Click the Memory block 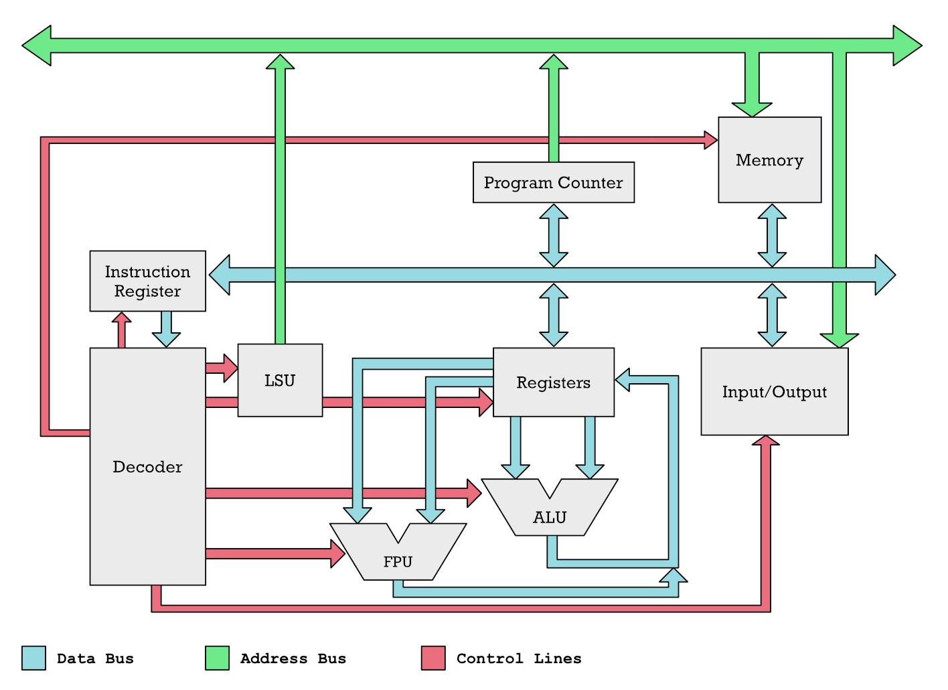pyautogui.click(x=769, y=160)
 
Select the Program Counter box pyautogui.click(x=553, y=182)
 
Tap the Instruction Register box pyautogui.click(x=147, y=281)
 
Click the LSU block pyautogui.click(x=280, y=380)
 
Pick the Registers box pyautogui.click(x=553, y=383)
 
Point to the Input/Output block pyautogui.click(x=774, y=392)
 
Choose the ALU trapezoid pyautogui.click(x=550, y=516)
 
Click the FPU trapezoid pyautogui.click(x=398, y=561)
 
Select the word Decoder pyautogui.click(x=147, y=467)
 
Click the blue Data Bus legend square pyautogui.click(x=33, y=658)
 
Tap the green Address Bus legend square pyautogui.click(x=217, y=658)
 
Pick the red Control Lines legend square pyautogui.click(x=433, y=658)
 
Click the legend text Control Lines pyautogui.click(x=519, y=659)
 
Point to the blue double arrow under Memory pyautogui.click(x=771, y=235)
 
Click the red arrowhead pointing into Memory pyautogui.click(x=710, y=140)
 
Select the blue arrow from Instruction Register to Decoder pyautogui.click(x=166, y=330)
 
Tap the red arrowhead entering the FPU pyautogui.click(x=337, y=553)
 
